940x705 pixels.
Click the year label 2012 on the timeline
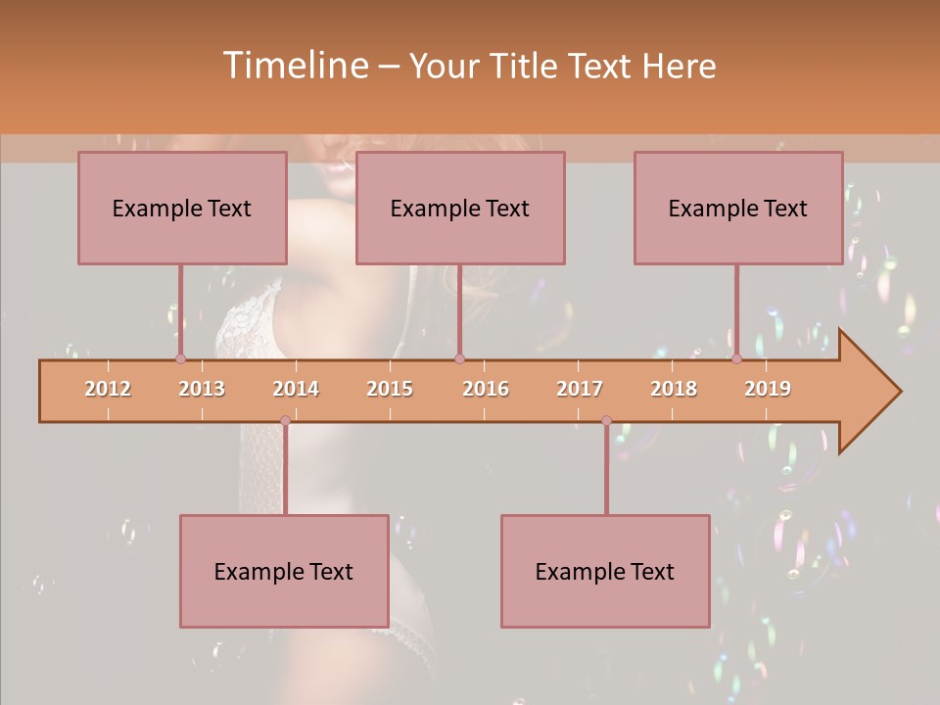click(x=108, y=389)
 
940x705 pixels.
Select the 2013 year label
click(x=202, y=389)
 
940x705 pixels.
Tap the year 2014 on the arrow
click(x=296, y=389)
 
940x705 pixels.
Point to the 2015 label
click(x=390, y=389)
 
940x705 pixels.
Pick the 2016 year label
click(x=486, y=389)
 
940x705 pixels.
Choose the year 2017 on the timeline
click(x=580, y=389)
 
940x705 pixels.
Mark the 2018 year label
click(x=674, y=389)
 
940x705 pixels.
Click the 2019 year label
click(x=768, y=389)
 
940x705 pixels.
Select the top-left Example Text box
click(x=182, y=208)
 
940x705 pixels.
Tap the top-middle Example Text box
click(x=460, y=208)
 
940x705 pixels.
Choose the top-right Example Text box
click(x=738, y=208)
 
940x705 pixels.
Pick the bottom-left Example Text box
click(x=284, y=571)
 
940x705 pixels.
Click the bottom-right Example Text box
click(x=605, y=571)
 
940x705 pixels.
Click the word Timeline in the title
click(x=294, y=66)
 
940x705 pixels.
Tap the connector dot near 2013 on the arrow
click(x=180, y=358)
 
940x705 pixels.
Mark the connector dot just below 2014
click(x=285, y=421)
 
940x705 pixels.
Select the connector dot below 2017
click(x=606, y=421)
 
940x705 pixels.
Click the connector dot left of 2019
click(x=736, y=358)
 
